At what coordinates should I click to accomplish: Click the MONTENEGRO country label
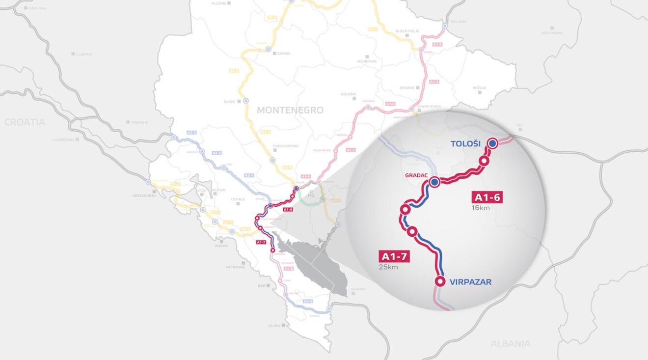(x=290, y=111)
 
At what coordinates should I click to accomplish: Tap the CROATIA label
(x=25, y=122)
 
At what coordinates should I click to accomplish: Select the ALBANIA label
(x=511, y=344)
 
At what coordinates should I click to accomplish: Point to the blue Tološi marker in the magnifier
(x=492, y=143)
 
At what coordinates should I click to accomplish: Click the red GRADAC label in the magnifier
(x=416, y=175)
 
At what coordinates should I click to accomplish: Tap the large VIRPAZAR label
(x=470, y=282)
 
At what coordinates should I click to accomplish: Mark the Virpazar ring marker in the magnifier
(x=440, y=281)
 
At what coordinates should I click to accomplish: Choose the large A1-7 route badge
(x=394, y=256)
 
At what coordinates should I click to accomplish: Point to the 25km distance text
(x=388, y=267)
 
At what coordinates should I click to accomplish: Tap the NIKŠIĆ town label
(x=230, y=102)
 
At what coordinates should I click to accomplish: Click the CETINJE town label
(x=238, y=199)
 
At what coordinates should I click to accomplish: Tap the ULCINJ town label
(x=274, y=326)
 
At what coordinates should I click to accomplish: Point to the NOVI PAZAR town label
(x=552, y=33)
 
